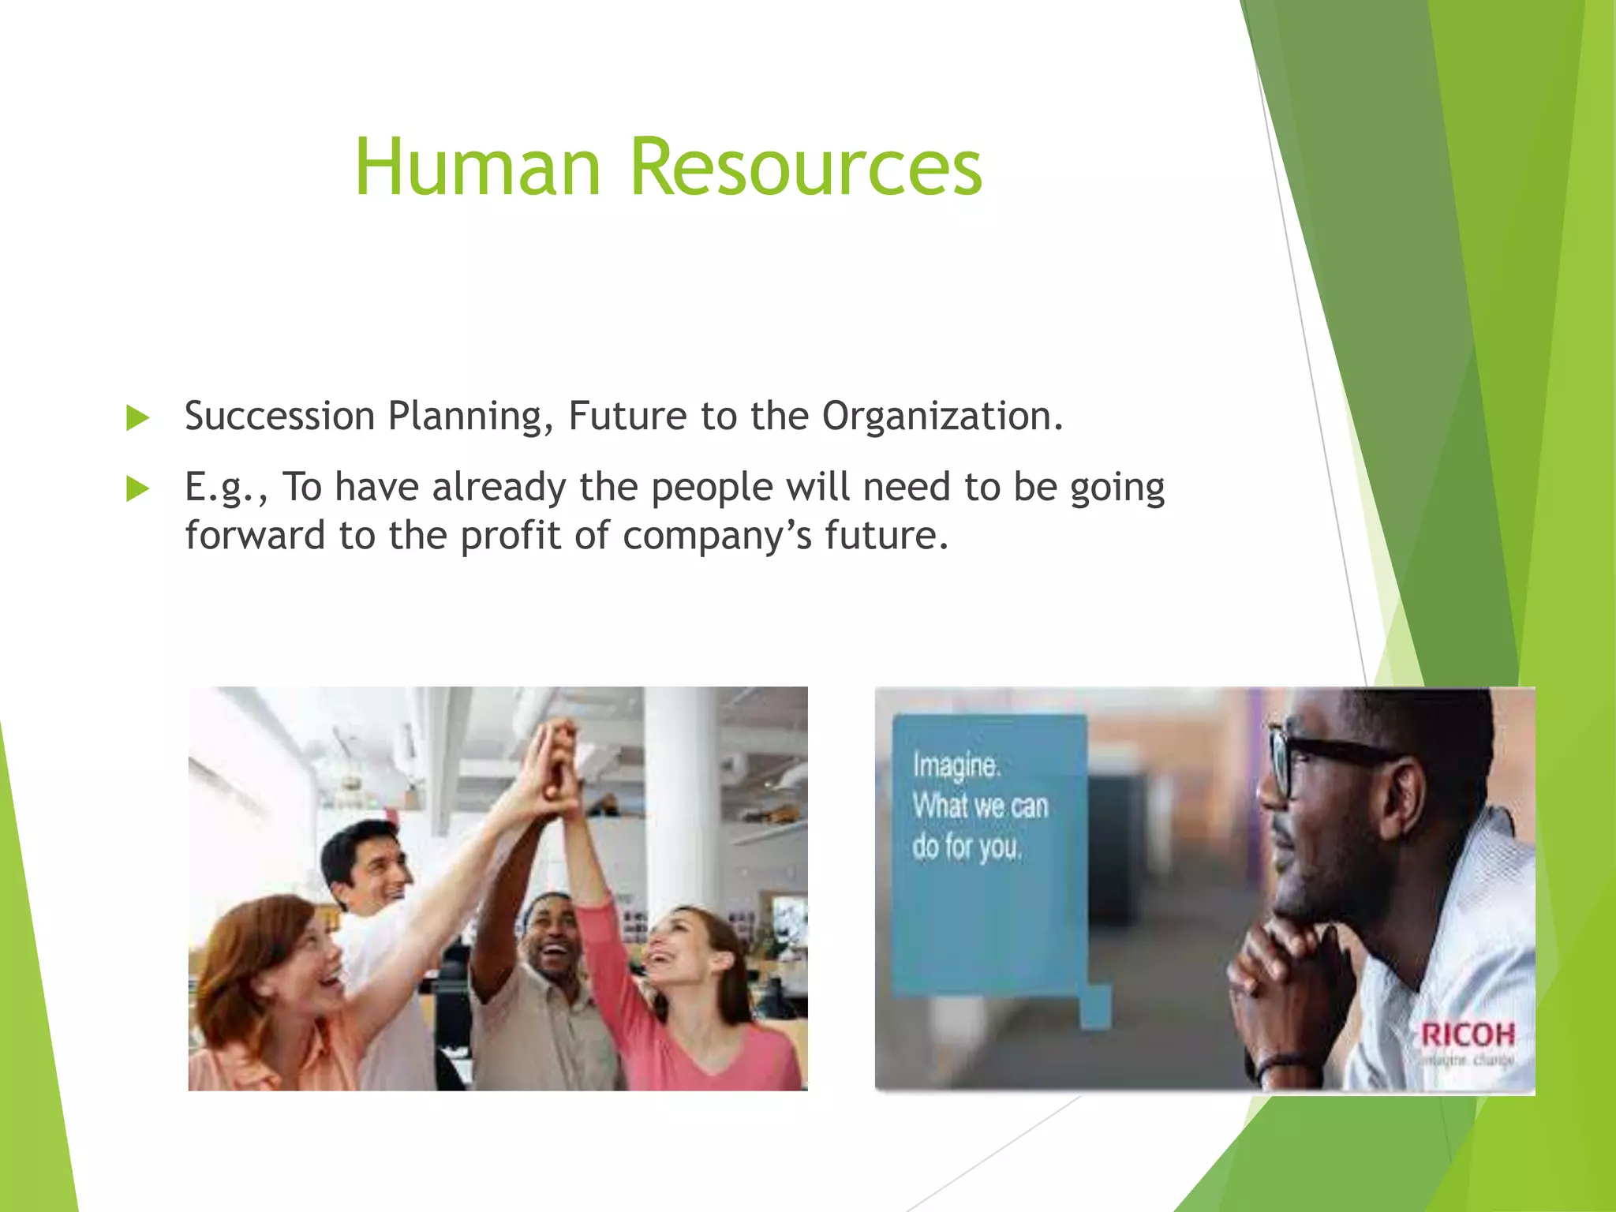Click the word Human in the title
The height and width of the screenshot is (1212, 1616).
[478, 167]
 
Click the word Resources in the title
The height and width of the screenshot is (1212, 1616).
[806, 167]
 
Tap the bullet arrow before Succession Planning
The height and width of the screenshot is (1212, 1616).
[138, 417]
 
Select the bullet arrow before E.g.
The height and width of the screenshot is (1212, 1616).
[138, 488]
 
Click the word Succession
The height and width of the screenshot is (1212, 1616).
[279, 416]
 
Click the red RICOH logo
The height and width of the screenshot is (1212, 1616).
[1468, 1034]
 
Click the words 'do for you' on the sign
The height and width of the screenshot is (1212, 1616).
[967, 847]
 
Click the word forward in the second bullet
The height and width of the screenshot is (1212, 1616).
[255, 536]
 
